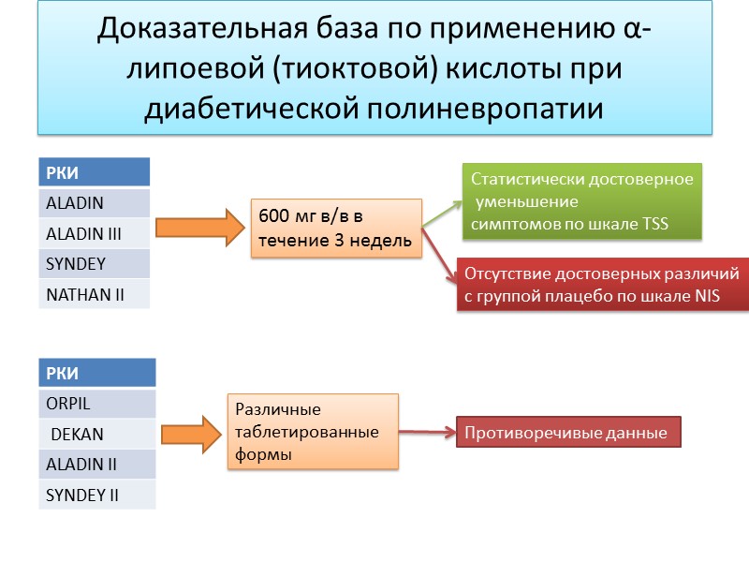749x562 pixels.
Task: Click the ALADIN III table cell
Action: [94, 233]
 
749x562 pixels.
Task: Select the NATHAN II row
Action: [94, 294]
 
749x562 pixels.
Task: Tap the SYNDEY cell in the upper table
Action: [94, 263]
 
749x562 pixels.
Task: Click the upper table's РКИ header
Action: [94, 172]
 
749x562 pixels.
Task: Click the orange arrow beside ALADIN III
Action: [195, 229]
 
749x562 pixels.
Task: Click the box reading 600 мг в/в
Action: [336, 228]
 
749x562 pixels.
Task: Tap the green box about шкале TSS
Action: [581, 202]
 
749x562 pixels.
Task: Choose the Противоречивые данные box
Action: [568, 433]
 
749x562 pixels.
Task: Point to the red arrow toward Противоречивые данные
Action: [428, 432]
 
